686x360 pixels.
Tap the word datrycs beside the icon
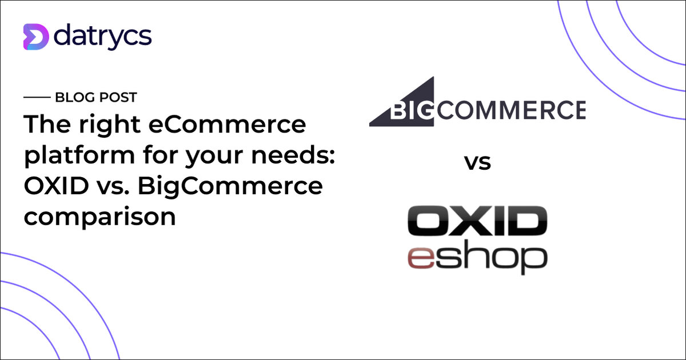103,36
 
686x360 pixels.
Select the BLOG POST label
96,98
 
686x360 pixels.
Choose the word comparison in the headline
99,218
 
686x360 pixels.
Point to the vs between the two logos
477,163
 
